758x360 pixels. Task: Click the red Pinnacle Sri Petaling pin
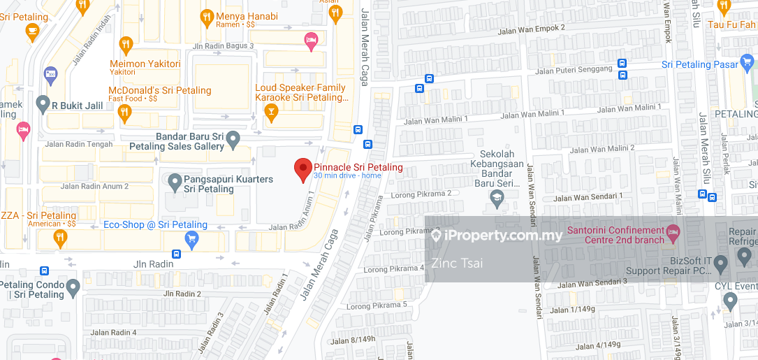click(x=303, y=168)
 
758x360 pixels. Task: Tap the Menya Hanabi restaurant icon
click(x=206, y=16)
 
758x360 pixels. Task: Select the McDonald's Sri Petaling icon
click(x=125, y=113)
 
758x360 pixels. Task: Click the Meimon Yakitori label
click(x=145, y=64)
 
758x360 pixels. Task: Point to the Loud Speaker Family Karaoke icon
click(x=271, y=113)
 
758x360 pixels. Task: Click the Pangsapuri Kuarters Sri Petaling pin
click(x=175, y=183)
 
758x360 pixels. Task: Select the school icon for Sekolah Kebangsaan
click(x=497, y=198)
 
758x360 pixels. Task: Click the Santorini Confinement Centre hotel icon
click(x=672, y=231)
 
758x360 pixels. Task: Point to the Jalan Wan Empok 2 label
click(x=531, y=29)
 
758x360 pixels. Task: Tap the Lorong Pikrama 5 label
click(x=377, y=305)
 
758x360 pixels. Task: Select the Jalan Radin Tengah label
click(x=78, y=145)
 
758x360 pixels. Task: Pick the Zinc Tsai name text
click(x=457, y=263)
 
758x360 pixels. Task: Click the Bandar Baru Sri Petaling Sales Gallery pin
click(x=233, y=139)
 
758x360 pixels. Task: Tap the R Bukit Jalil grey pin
click(x=43, y=104)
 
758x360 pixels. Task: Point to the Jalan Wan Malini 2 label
click(x=602, y=148)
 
